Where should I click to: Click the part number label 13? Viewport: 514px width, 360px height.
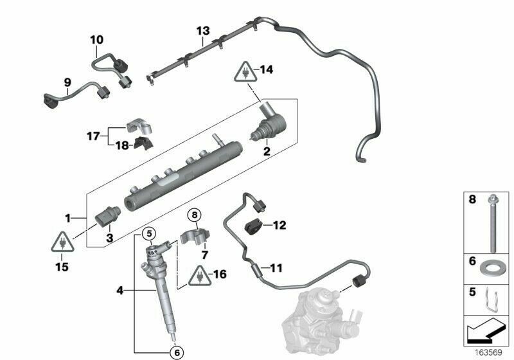203,30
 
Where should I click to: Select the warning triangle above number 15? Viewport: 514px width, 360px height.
61,243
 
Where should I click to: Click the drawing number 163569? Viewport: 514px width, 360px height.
486,352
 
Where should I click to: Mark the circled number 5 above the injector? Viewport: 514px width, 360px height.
148,233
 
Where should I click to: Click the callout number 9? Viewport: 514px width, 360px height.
66,82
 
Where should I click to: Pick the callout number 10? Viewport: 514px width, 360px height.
96,40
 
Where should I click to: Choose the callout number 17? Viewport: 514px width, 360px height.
94,136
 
